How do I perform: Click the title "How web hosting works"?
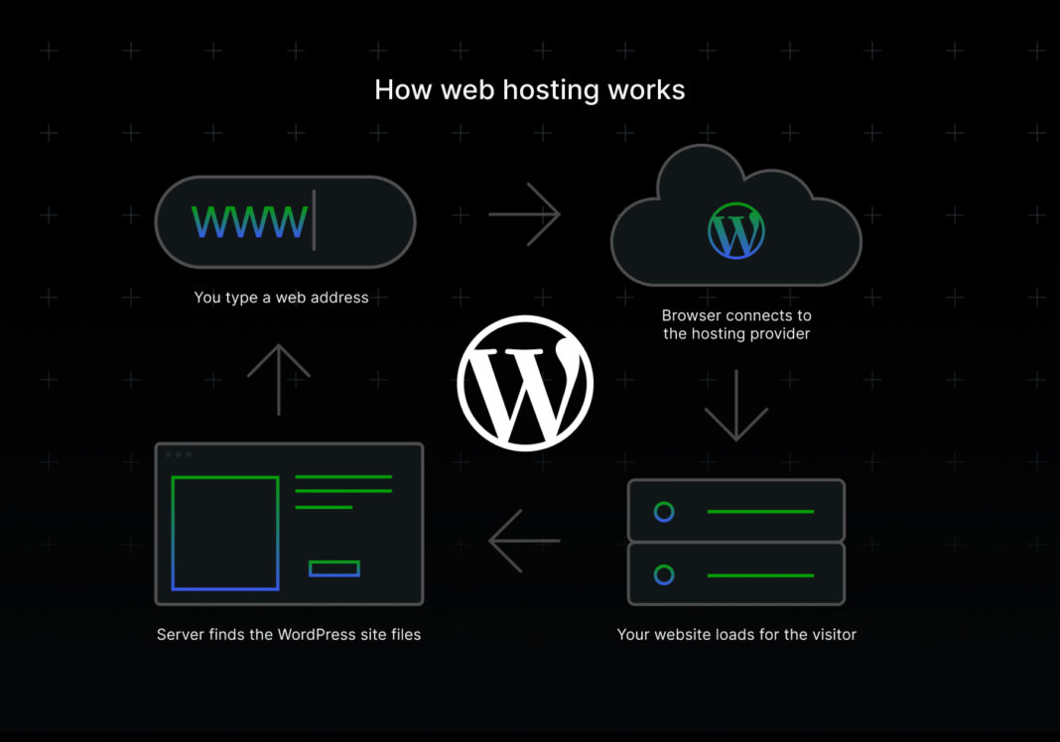529,90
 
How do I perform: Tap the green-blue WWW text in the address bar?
249,221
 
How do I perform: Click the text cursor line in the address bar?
314,220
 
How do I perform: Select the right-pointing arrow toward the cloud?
525,213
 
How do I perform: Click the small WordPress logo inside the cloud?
736,231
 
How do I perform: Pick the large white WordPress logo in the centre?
525,383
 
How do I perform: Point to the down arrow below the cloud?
735,405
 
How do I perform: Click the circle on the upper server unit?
664,512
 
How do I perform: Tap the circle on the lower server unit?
664,574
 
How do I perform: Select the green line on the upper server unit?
760,512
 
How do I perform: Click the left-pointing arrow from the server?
524,541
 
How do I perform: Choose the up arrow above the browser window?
279,379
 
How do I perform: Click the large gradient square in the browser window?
225,533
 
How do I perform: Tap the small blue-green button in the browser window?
334,568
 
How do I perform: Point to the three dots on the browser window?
178,454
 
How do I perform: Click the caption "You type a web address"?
281,297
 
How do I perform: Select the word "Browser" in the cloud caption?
693,315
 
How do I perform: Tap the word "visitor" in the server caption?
830,634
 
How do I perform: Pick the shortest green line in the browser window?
324,507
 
